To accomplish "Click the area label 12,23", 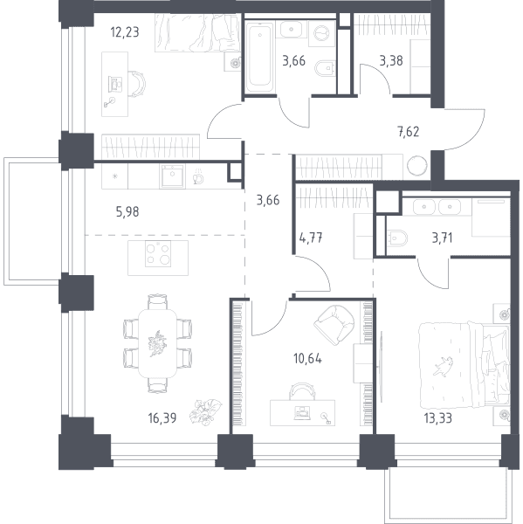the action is tap(125, 32).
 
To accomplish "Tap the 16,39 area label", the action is tap(162, 418).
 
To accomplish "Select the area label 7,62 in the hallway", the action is tap(408, 132).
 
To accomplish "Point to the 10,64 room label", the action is tap(307, 359).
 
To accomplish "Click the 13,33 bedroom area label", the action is tap(437, 418).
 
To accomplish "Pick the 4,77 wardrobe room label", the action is tap(311, 238).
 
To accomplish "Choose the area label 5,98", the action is tap(127, 212).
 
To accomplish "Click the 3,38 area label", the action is tap(391, 61).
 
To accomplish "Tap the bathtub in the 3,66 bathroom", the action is tap(259, 57).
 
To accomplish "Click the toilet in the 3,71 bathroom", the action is tap(397, 238).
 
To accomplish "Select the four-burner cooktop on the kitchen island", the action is tap(158, 254).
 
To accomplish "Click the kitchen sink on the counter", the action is tap(172, 176).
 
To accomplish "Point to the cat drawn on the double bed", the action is tap(444, 366).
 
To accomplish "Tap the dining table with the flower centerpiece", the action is tap(158, 343).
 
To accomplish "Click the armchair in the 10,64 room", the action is tap(334, 325).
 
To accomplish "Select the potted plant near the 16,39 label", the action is tap(205, 411).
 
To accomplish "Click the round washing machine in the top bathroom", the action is tap(321, 33).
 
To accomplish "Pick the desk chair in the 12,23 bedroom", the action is tap(137, 84).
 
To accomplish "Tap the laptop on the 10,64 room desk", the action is tap(302, 413).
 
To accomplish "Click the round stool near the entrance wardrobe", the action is tap(417, 165).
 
